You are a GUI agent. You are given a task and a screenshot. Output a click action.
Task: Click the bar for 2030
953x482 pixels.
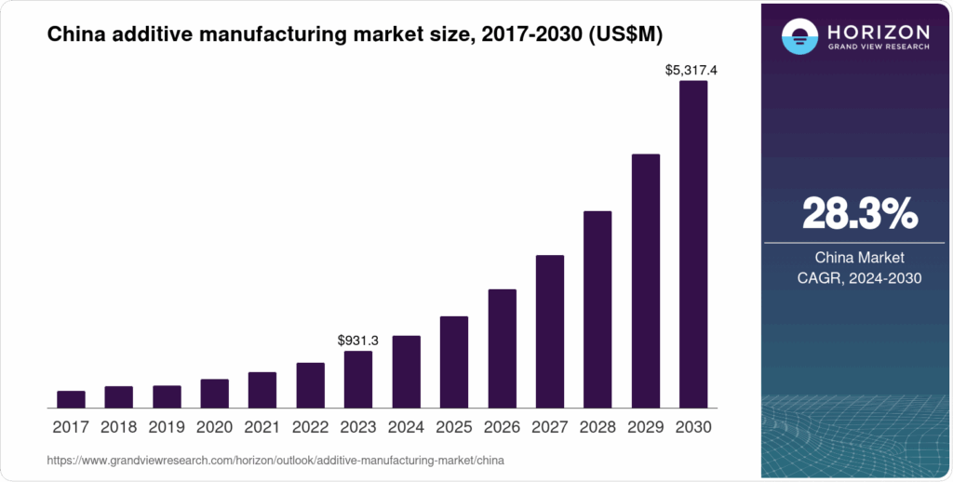coord(693,244)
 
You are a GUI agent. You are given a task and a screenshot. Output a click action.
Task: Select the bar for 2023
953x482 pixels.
coord(358,379)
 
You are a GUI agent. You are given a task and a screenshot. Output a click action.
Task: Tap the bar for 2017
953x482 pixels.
coord(71,399)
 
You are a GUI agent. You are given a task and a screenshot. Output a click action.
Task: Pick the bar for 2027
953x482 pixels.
coord(550,331)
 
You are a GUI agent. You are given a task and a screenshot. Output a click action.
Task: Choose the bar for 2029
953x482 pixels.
coord(646,280)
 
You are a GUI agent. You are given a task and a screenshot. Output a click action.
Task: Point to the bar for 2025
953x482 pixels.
coord(454,362)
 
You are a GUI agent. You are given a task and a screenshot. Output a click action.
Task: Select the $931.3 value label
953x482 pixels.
coord(358,340)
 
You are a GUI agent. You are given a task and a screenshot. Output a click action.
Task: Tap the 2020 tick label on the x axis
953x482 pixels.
coord(214,428)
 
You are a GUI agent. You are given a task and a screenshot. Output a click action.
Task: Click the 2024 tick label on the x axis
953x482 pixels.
coord(406,428)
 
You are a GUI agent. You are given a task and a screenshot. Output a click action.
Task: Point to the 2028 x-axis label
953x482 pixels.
coord(597,428)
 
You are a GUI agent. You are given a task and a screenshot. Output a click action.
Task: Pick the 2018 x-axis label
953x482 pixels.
coord(118,428)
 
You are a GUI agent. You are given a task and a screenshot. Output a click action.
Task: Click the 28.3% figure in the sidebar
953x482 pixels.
coord(859,214)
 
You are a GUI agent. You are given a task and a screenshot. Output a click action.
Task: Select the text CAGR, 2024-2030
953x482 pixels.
coord(859,277)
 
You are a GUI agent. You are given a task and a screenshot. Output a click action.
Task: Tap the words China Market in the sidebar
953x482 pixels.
coord(859,258)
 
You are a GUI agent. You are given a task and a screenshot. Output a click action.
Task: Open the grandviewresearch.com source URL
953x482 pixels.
coord(275,460)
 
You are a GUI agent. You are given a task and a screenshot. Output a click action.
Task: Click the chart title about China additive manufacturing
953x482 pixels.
coord(355,34)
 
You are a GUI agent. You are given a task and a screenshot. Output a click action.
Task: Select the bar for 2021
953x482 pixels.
coord(262,390)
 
